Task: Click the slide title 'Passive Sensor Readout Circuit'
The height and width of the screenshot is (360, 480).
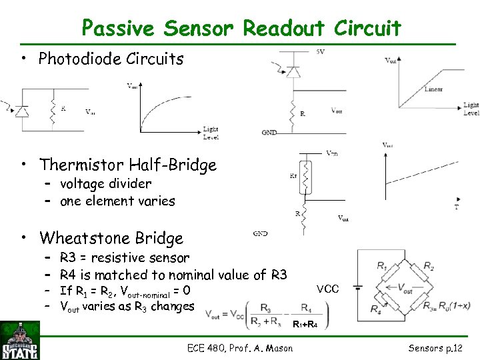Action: click(241, 28)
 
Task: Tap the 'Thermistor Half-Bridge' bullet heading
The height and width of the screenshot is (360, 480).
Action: click(128, 164)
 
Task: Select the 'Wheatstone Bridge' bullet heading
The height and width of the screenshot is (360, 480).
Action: click(111, 238)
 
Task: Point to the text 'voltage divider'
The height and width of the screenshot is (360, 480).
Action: click(105, 183)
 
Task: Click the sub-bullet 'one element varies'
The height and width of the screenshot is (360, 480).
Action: click(117, 201)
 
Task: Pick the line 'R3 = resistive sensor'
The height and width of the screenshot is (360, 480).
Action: click(124, 257)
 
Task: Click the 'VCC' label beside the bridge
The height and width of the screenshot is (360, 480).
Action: click(327, 289)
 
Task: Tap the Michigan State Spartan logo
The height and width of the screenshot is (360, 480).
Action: click(19, 341)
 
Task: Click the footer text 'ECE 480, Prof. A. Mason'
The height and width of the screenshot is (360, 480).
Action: click(241, 347)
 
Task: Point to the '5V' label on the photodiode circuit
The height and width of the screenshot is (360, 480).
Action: click(321, 52)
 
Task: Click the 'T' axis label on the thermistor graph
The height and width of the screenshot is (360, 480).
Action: click(456, 207)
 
